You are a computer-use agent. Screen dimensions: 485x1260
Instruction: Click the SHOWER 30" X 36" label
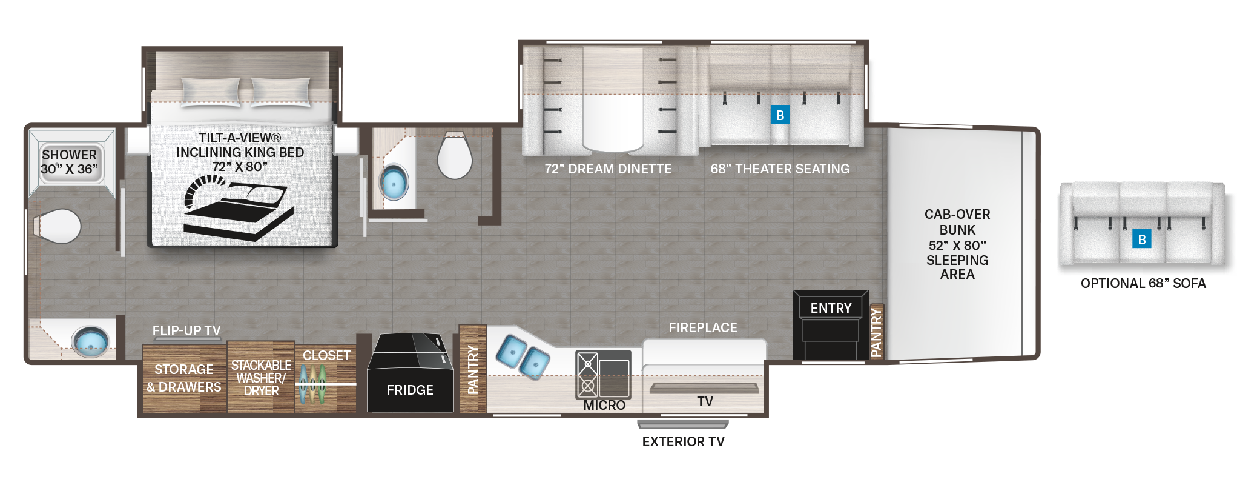pyautogui.click(x=70, y=162)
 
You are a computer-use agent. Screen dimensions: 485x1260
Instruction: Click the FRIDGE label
pyautogui.click(x=410, y=390)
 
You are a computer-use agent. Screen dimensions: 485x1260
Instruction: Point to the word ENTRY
pyautogui.click(x=831, y=308)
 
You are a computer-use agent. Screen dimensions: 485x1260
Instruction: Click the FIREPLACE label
pyautogui.click(x=702, y=328)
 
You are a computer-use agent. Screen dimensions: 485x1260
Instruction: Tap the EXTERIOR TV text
pyautogui.click(x=683, y=441)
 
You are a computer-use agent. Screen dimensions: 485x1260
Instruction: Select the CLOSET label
pyautogui.click(x=326, y=355)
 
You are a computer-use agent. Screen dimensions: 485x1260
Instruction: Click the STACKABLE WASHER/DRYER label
pyautogui.click(x=261, y=378)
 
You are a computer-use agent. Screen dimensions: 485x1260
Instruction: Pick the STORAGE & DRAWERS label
pyautogui.click(x=184, y=378)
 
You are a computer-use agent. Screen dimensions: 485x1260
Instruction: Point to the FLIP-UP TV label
pyautogui.click(x=186, y=330)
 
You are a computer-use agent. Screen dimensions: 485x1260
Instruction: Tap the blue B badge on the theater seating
pyautogui.click(x=780, y=115)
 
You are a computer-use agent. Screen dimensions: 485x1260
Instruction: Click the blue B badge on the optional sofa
pyautogui.click(x=1141, y=239)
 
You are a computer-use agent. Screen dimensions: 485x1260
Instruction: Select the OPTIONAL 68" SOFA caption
pyautogui.click(x=1143, y=283)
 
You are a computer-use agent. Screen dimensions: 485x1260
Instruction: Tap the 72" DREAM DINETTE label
pyautogui.click(x=608, y=169)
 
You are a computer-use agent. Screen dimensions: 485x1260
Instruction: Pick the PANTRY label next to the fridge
pyautogui.click(x=473, y=370)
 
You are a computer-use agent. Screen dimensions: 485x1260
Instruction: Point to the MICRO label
pyautogui.click(x=604, y=405)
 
